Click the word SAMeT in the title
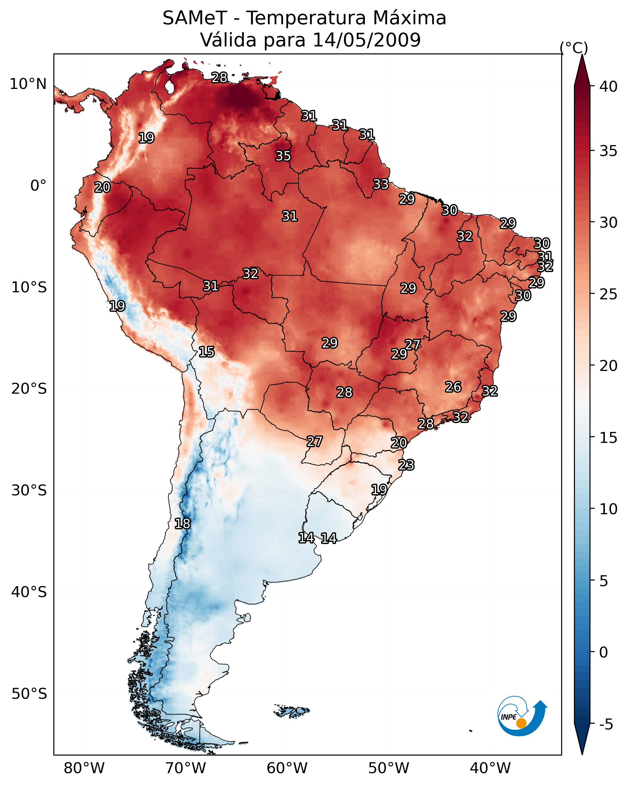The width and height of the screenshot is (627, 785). point(195,18)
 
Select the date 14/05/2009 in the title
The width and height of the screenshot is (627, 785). point(366,40)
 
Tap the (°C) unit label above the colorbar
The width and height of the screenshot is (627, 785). point(574,48)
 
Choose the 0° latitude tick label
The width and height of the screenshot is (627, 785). point(38,186)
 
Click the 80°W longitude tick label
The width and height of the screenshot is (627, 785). point(84,768)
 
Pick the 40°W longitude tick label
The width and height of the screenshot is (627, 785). point(490,768)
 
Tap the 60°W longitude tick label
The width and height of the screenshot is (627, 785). point(287,768)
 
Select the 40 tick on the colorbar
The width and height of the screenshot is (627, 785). point(608,87)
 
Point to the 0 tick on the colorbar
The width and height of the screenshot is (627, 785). point(603,652)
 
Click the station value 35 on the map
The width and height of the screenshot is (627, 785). point(283,156)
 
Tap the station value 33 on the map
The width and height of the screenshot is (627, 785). point(381,184)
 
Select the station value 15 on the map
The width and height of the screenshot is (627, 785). point(206,352)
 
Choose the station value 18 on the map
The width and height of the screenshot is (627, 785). point(182,524)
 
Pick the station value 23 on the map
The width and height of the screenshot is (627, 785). point(406,465)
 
